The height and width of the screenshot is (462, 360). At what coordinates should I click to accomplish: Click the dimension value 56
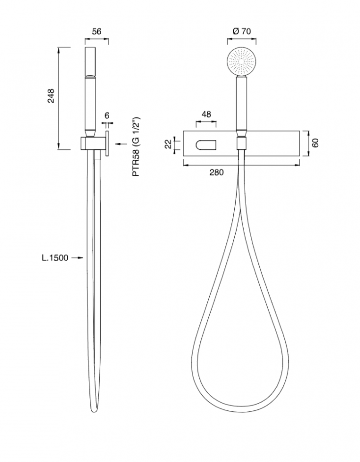[97, 31]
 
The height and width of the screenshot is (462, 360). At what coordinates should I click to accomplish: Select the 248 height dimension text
[51, 96]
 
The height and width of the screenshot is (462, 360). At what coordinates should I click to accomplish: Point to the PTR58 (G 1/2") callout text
[136, 147]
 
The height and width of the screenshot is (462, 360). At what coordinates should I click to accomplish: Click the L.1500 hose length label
[55, 258]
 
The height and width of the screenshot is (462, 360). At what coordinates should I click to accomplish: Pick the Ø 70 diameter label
[242, 31]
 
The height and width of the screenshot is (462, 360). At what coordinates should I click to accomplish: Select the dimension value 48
[206, 115]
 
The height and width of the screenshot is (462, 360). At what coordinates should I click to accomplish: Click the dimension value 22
[168, 144]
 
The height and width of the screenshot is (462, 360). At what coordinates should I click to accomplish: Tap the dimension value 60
[315, 143]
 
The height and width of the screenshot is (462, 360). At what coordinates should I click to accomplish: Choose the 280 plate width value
[217, 173]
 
